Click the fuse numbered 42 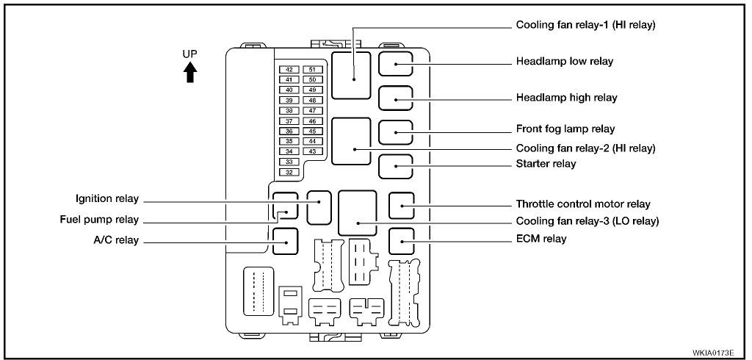289,69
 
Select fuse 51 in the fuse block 313,69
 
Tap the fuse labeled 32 289,172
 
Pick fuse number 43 313,151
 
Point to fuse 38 289,110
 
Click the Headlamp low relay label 564,62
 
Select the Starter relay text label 546,164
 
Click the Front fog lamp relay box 395,132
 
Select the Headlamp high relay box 395,98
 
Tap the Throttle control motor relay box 402,205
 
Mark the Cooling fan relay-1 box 351,74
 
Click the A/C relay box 284,240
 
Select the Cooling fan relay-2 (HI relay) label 585,148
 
